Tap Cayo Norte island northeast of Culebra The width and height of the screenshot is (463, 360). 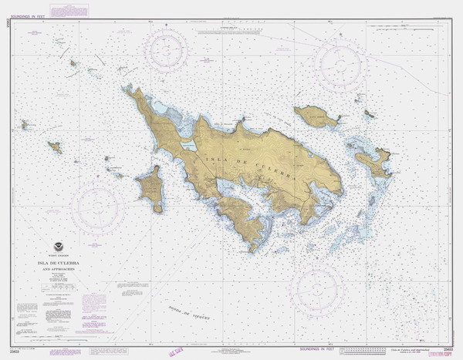316,116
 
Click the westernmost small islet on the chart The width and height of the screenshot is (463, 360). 25,124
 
